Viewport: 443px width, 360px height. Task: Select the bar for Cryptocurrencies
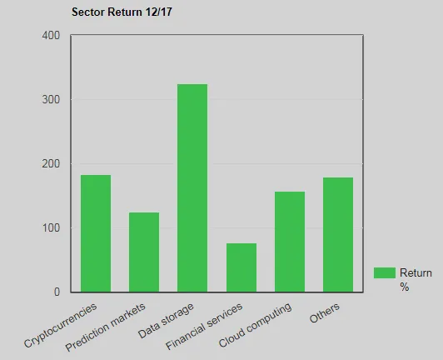tap(96, 233)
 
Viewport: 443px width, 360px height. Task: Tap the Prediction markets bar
tap(144, 252)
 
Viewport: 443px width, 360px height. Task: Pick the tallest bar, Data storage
tap(192, 187)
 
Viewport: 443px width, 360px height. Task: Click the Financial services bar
tap(241, 267)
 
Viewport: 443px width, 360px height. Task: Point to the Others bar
tap(338, 234)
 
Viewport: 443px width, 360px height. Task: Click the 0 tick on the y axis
tap(57, 292)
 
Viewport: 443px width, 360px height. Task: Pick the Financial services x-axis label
tap(206, 326)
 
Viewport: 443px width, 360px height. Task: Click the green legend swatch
tap(384, 272)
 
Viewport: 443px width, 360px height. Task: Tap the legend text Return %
tap(416, 279)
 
